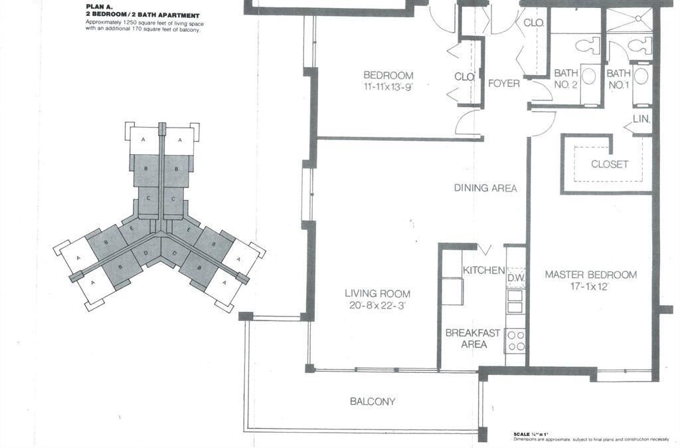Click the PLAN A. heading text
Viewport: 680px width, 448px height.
coord(102,7)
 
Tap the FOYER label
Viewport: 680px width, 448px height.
coord(504,84)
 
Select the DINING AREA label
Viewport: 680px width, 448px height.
coord(485,188)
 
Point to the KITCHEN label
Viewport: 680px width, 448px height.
coord(483,271)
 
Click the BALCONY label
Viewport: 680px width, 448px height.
coord(373,401)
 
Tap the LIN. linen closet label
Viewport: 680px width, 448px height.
coord(641,120)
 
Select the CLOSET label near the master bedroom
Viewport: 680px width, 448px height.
coord(609,164)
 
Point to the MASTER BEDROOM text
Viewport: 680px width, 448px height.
coord(590,275)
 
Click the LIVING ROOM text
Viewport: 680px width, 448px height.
coord(377,294)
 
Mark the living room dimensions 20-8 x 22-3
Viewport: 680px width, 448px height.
coord(377,306)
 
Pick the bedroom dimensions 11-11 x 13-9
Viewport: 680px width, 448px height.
coord(388,87)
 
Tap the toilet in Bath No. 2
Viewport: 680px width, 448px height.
coord(587,46)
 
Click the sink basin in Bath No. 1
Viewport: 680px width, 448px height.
coord(641,76)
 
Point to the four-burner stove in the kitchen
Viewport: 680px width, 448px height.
coord(516,340)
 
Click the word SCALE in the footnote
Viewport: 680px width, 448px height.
coord(521,435)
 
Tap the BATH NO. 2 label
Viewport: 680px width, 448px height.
coord(566,78)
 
